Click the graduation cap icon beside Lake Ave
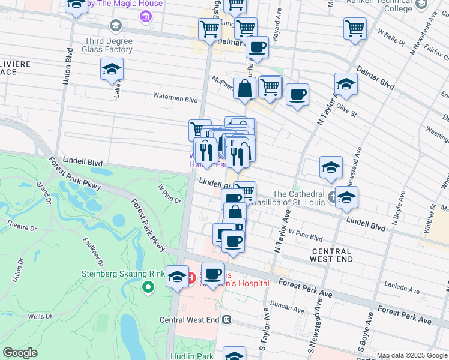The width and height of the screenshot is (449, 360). (112, 70)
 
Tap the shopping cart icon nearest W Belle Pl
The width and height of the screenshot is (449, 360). (355, 28)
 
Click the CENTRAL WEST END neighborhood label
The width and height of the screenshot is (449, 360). (330, 254)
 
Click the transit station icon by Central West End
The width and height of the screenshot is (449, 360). (227, 320)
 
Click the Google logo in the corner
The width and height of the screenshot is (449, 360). (20, 353)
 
